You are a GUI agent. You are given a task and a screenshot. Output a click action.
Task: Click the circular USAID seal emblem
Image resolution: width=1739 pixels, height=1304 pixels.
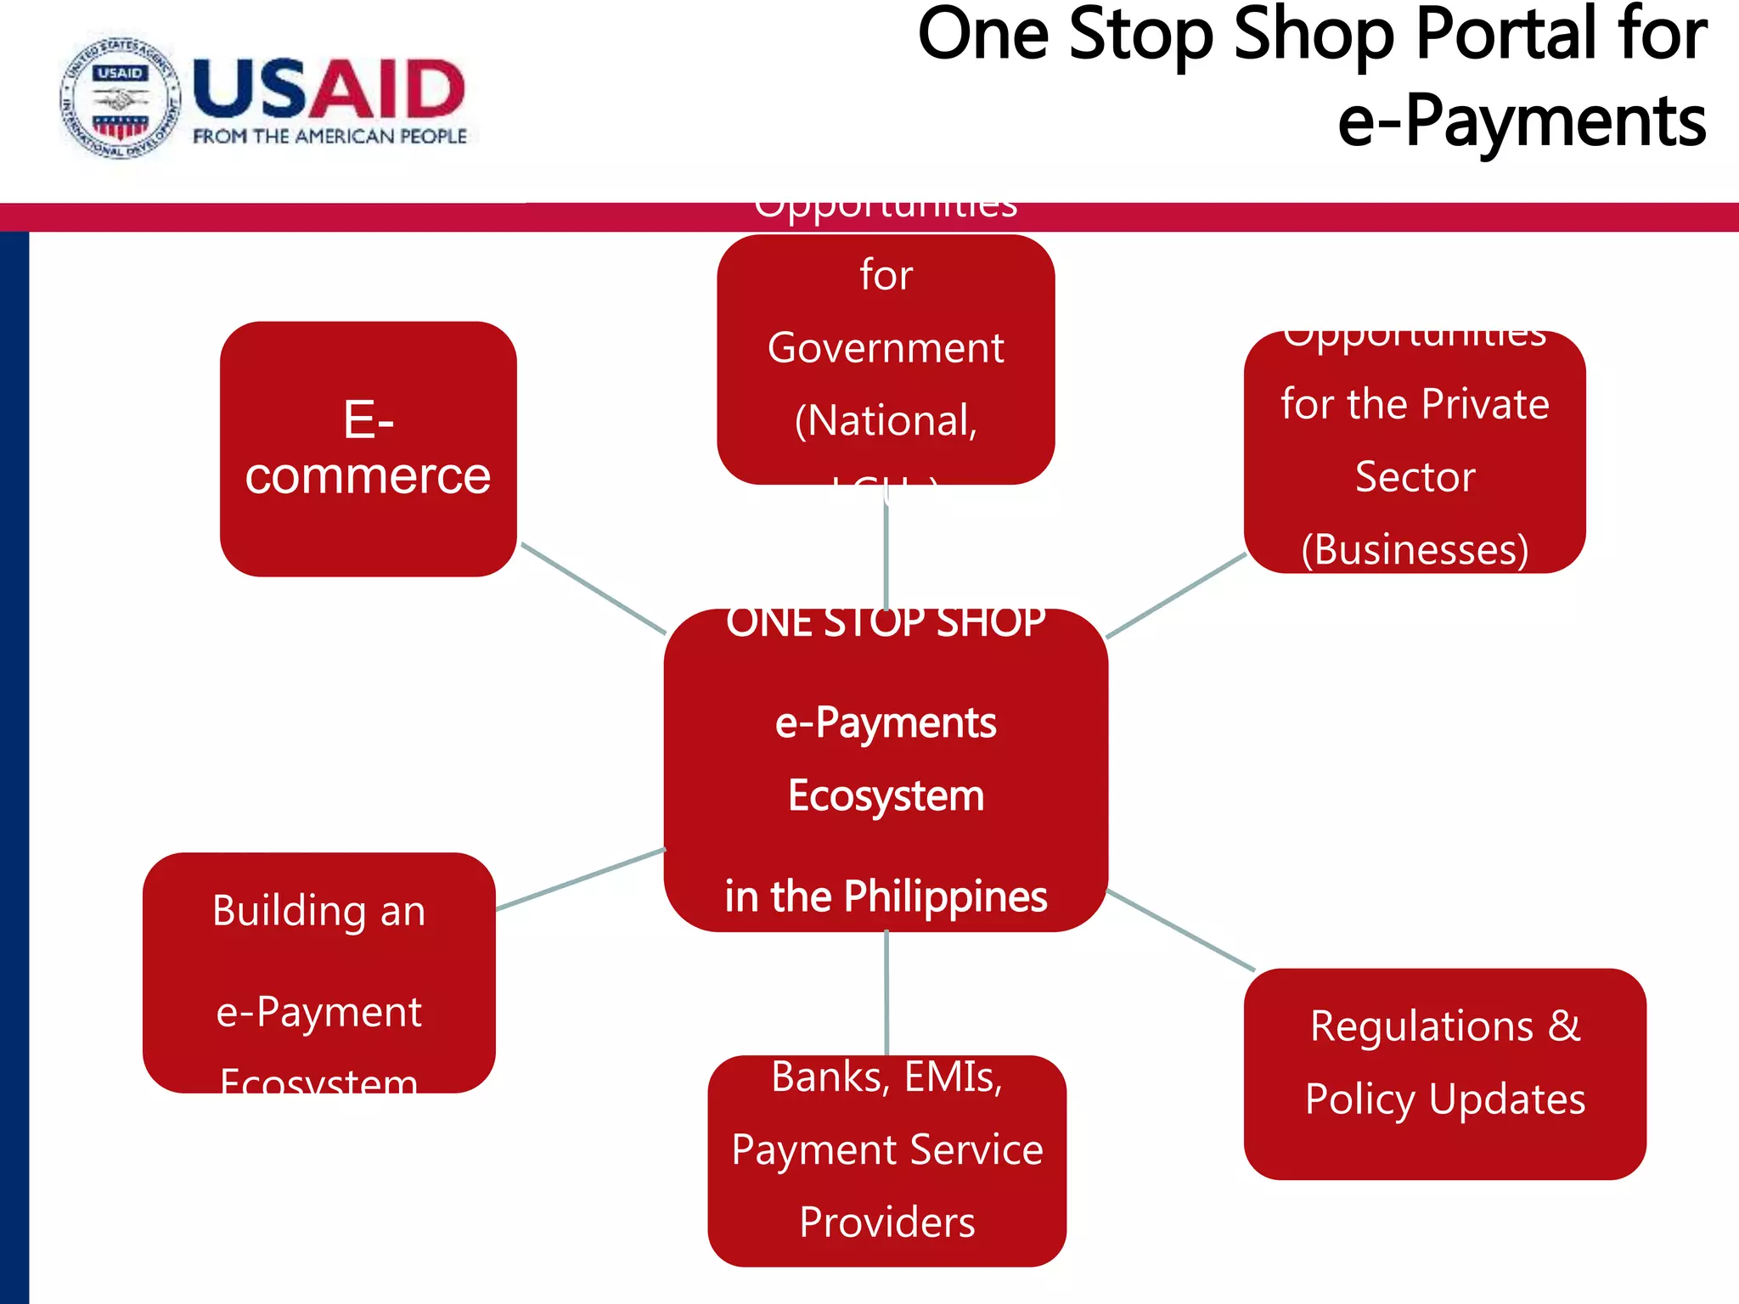pyautogui.click(x=120, y=99)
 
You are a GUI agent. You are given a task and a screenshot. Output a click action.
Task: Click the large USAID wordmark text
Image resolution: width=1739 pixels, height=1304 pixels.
pyautogui.click(x=329, y=88)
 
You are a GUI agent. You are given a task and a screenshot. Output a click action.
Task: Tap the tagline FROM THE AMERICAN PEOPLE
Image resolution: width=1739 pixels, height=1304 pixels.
pyautogui.click(x=329, y=137)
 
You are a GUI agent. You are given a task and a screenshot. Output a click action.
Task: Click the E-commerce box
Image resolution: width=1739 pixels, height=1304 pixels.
pyautogui.click(x=368, y=448)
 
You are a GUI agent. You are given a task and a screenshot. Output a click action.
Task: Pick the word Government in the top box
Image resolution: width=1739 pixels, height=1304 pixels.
pyautogui.click(x=886, y=348)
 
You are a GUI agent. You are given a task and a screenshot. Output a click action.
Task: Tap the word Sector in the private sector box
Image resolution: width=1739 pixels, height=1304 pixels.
pyautogui.click(x=1415, y=477)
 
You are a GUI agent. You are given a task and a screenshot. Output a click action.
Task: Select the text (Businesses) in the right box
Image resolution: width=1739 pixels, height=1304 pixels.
pyautogui.click(x=1415, y=550)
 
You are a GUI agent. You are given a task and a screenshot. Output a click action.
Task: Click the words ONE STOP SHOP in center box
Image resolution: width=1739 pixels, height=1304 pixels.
pyautogui.click(x=886, y=623)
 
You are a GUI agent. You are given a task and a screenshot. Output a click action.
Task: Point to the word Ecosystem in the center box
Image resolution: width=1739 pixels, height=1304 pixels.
pyautogui.click(x=886, y=796)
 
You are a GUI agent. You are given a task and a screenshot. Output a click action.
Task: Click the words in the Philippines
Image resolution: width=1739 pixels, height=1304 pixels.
pyautogui.click(x=886, y=896)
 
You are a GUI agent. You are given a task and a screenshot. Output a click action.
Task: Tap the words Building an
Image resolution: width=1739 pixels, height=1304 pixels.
pyautogui.click(x=318, y=911)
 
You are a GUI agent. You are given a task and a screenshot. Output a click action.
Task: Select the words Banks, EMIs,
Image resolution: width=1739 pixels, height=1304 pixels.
pyautogui.click(x=886, y=1077)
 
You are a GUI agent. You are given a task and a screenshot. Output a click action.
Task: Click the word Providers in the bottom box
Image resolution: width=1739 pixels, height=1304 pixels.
pyautogui.click(x=886, y=1222)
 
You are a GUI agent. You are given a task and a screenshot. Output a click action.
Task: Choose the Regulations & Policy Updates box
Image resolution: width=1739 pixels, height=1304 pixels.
pyautogui.click(x=1444, y=1073)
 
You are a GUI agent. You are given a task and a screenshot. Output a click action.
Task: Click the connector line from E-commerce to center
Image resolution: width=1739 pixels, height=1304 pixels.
pyautogui.click(x=593, y=588)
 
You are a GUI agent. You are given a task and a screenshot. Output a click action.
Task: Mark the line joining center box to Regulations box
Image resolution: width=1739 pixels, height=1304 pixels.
pyautogui.click(x=1180, y=930)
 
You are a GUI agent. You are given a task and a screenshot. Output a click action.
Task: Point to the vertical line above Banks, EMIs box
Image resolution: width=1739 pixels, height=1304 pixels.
pyautogui.click(x=886, y=993)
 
